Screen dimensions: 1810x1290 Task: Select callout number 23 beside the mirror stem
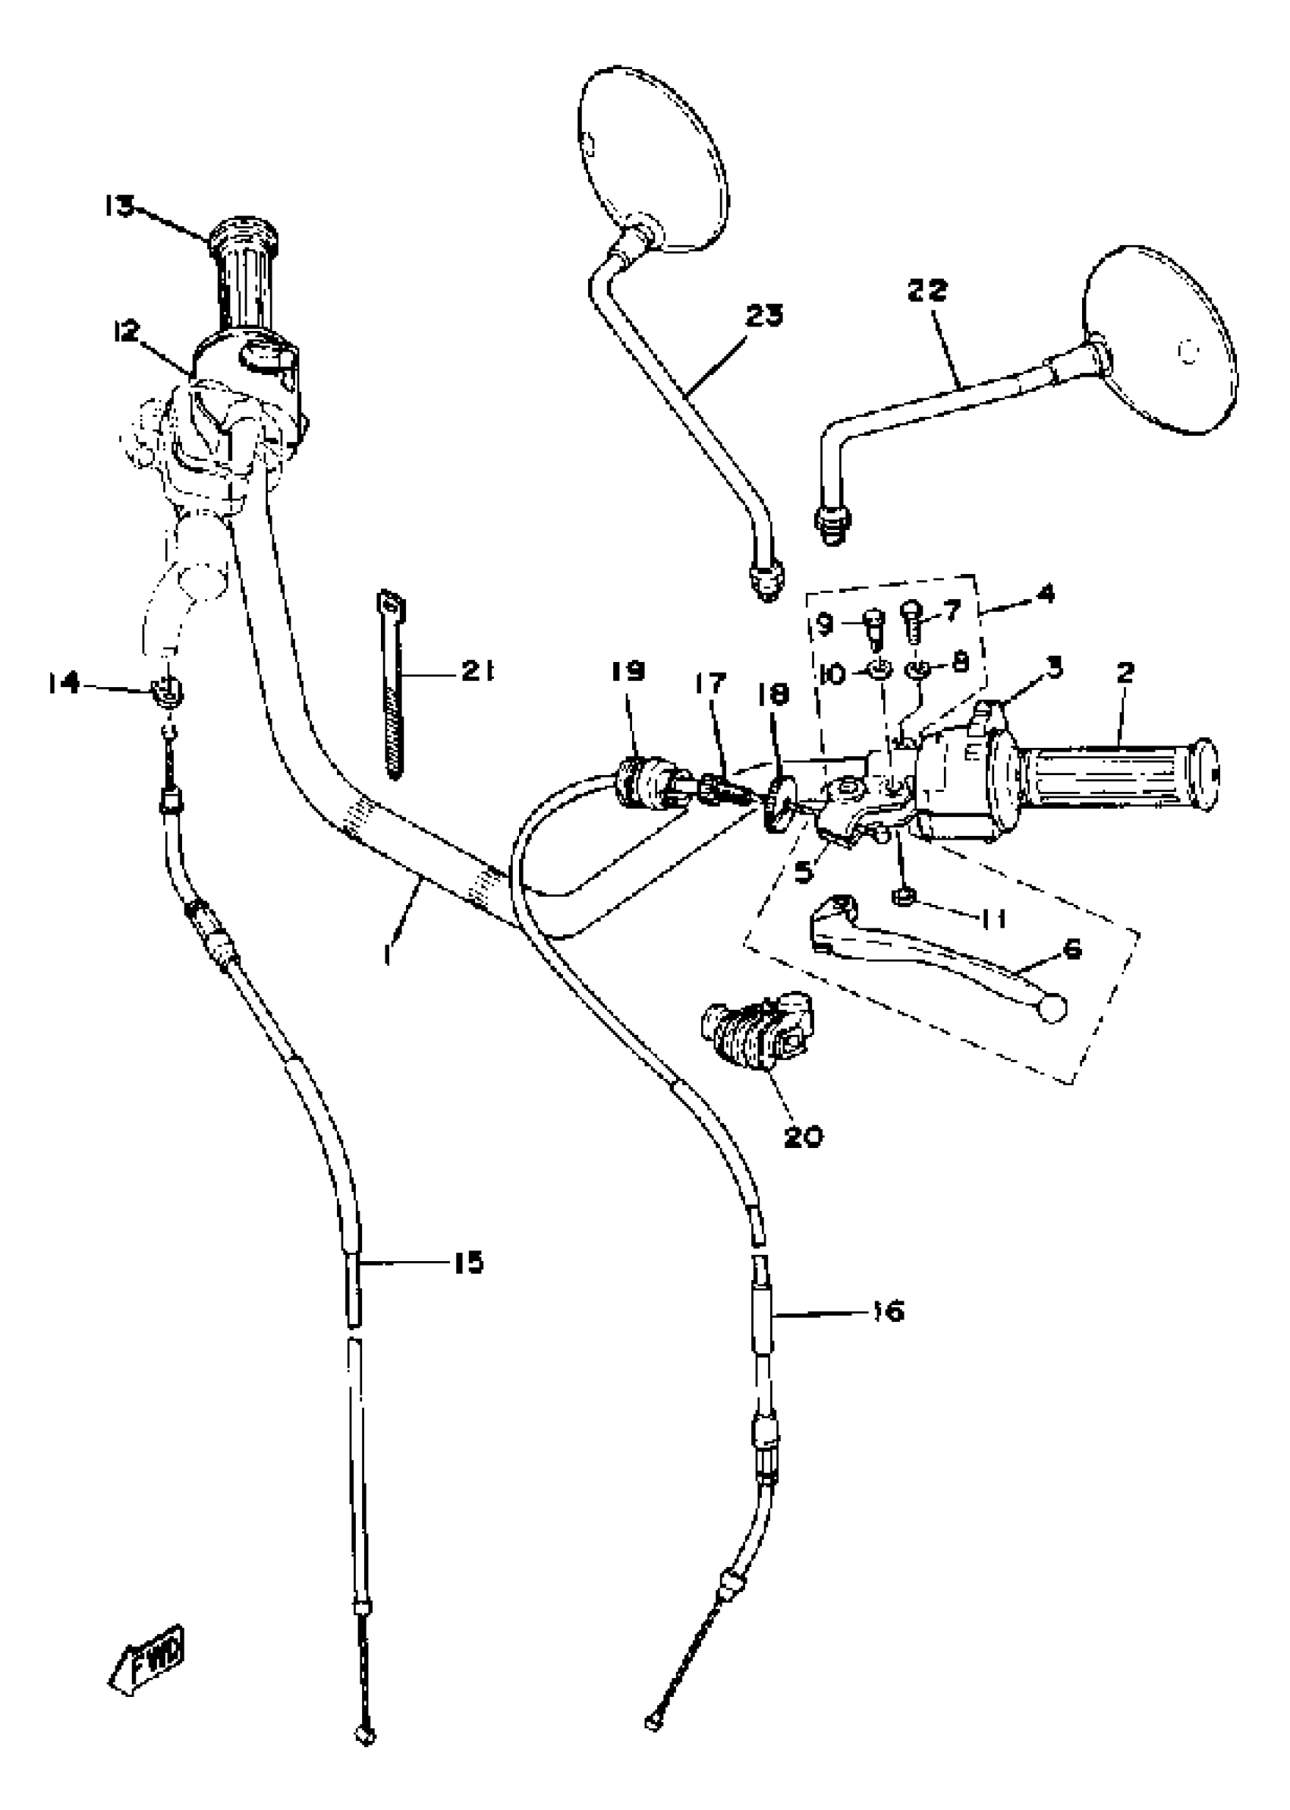(x=763, y=315)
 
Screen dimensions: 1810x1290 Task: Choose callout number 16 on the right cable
(x=887, y=1310)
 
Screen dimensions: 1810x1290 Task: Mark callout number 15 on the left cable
(x=469, y=1262)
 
